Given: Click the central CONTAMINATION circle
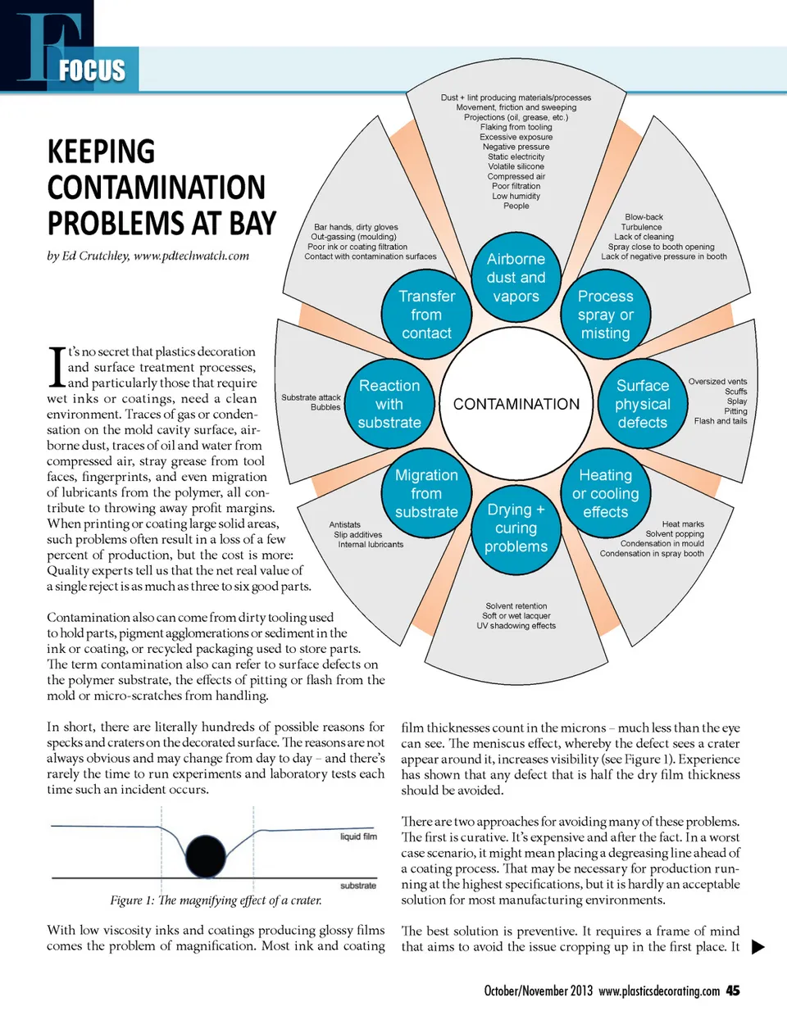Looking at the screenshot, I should (x=516, y=404).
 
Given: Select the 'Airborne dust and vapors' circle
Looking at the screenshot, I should (x=516, y=278).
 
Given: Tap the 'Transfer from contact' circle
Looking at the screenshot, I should (x=426, y=315).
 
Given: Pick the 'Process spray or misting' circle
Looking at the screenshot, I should (x=605, y=315).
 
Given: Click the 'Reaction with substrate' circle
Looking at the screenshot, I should (x=389, y=404).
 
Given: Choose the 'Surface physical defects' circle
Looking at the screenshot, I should (x=643, y=404).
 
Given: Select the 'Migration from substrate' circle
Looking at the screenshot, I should (x=426, y=493).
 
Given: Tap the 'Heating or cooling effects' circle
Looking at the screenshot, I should (x=605, y=493).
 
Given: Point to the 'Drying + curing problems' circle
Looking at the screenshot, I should (x=516, y=528).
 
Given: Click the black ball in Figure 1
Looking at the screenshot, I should (x=206, y=857).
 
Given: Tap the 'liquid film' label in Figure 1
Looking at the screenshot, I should (x=358, y=836).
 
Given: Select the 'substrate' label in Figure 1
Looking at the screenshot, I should (x=358, y=886).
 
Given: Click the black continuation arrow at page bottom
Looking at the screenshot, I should (x=758, y=947).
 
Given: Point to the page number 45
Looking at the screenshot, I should (x=733, y=991).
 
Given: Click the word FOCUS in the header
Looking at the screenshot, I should (x=92, y=70).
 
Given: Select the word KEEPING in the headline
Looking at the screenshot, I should (x=101, y=152).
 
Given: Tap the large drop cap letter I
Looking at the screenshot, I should (x=57, y=367).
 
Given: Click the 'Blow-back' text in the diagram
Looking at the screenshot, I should (x=644, y=217).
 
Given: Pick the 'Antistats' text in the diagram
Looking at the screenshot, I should (x=344, y=524).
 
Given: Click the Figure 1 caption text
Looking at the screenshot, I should (x=216, y=900).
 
